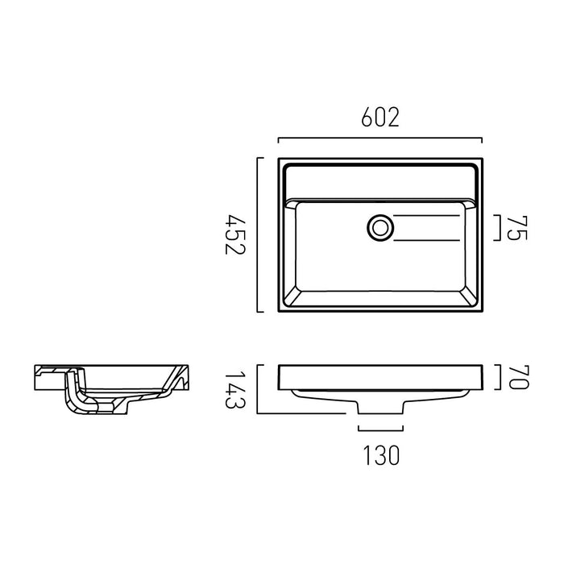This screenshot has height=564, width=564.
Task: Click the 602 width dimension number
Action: (x=380, y=117)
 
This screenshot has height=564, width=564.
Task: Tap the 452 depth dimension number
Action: (x=234, y=234)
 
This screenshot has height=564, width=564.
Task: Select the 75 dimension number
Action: (x=517, y=228)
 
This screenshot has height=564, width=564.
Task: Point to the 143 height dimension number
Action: (x=234, y=389)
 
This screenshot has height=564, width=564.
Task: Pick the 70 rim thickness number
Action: (x=519, y=377)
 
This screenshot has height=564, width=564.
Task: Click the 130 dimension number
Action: (x=381, y=455)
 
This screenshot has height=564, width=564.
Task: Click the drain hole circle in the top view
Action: (x=380, y=228)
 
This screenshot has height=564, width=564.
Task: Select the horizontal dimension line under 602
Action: (x=380, y=138)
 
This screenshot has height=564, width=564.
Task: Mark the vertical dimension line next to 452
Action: (x=258, y=234)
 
